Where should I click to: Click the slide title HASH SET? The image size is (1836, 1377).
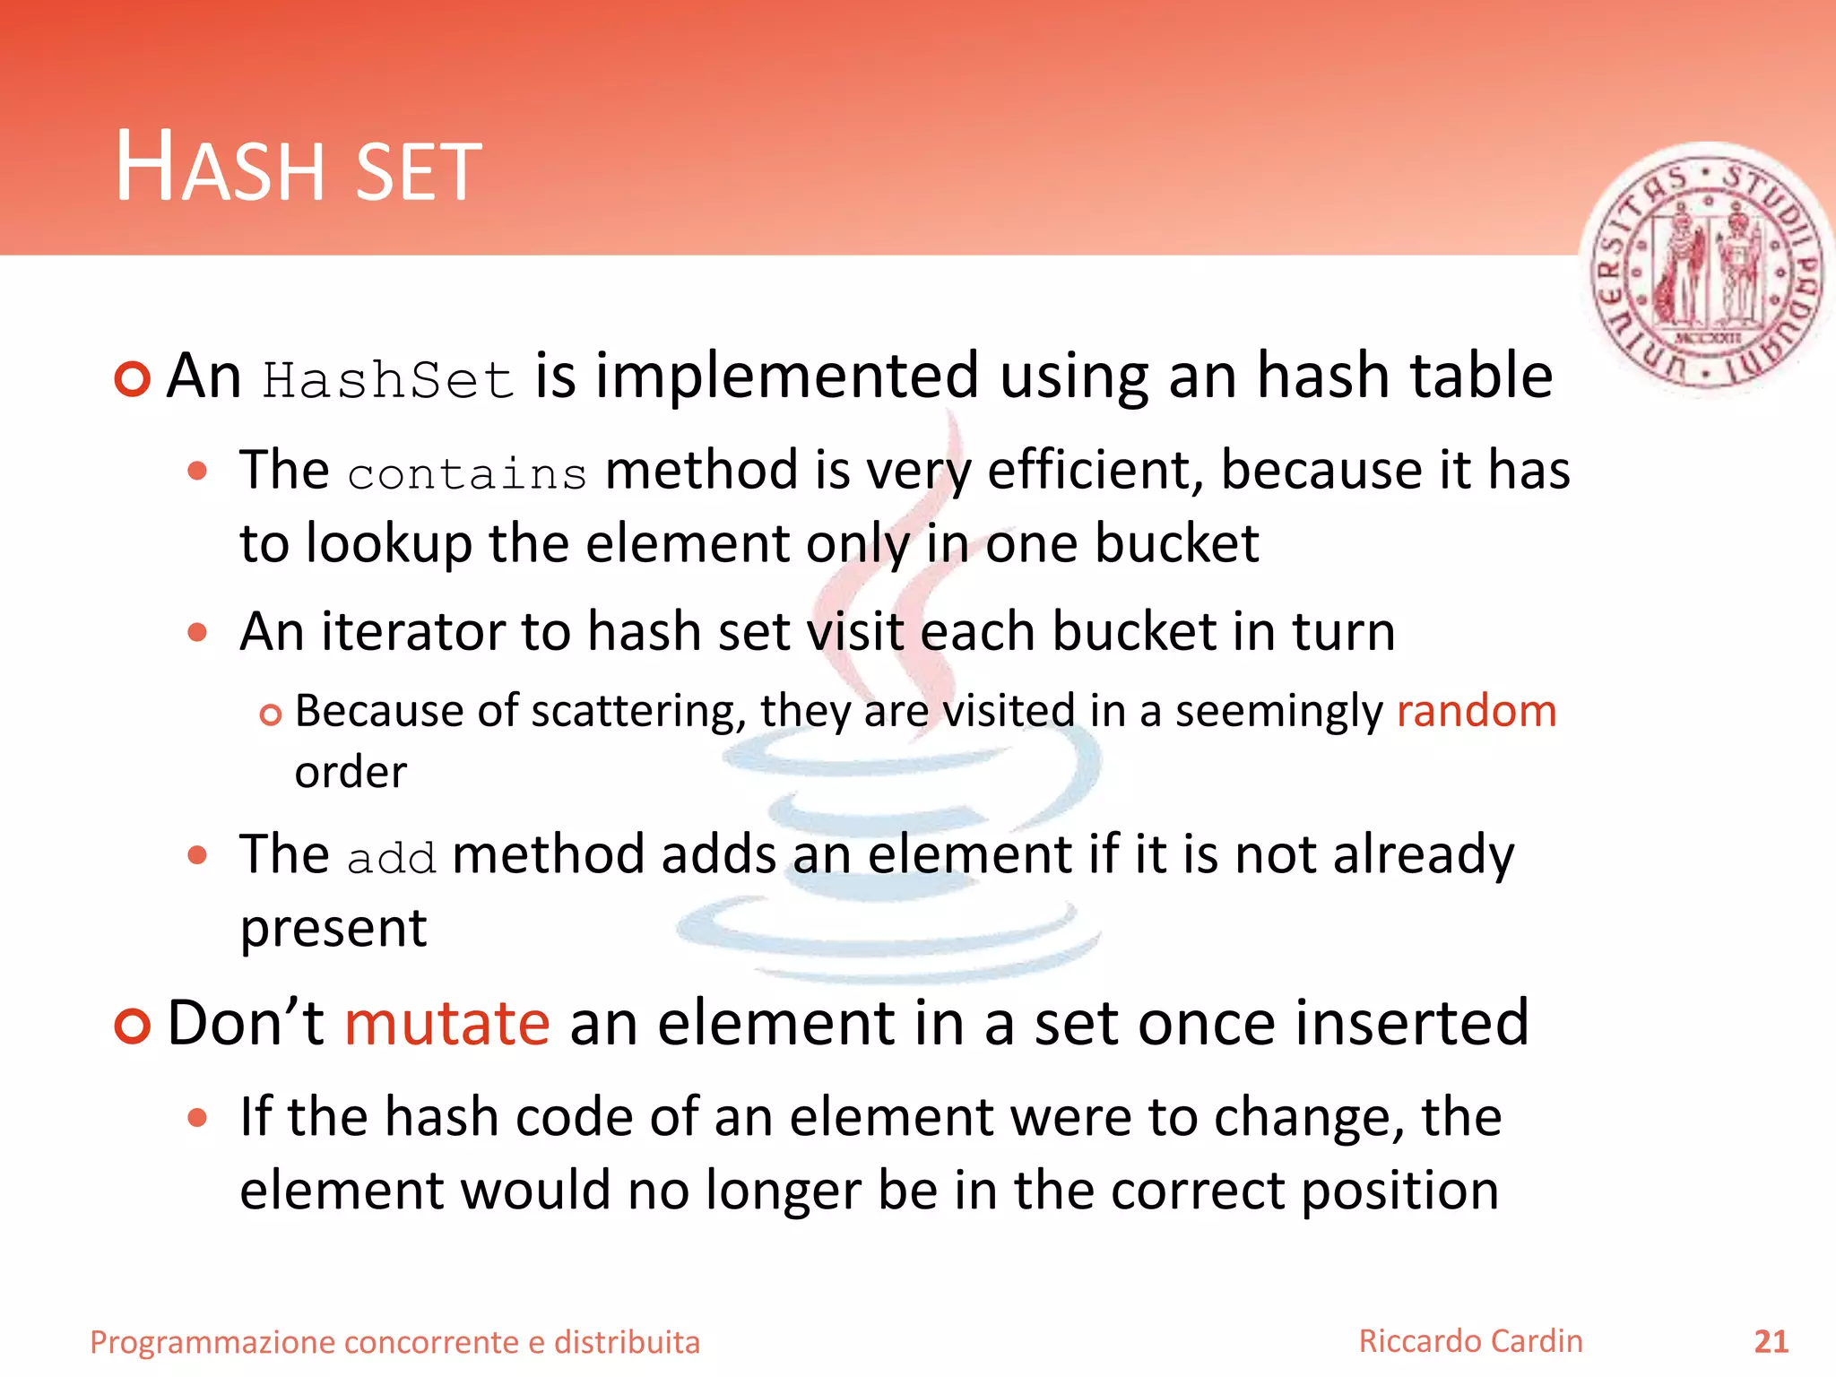tap(299, 169)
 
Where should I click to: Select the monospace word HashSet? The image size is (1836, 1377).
tap(388, 380)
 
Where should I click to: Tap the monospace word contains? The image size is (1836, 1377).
tap(466, 473)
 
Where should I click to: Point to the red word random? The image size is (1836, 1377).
tap(1476, 711)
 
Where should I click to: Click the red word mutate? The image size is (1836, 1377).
tap(446, 1023)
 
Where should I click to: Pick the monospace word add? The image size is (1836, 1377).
tap(391, 858)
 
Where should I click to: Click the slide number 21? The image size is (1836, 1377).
tap(1771, 1341)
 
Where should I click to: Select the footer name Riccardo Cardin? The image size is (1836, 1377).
tap(1470, 1341)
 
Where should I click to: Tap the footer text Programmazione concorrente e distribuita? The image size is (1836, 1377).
tap(394, 1342)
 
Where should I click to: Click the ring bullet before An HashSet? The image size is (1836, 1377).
tap(133, 379)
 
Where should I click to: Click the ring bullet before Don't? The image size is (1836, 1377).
tap(133, 1026)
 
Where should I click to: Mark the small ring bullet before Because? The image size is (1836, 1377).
tap(270, 714)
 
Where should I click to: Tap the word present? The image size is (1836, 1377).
tap(333, 929)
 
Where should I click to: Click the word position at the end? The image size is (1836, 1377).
tap(1399, 1191)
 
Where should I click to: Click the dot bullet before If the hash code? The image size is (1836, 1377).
tap(197, 1118)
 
